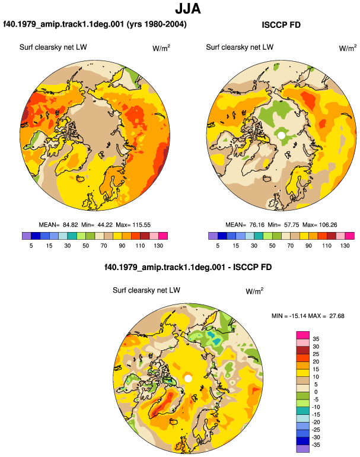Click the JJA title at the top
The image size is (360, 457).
(x=188, y=9)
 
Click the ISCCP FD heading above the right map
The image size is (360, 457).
(x=281, y=25)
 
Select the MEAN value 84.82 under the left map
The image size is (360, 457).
(x=71, y=225)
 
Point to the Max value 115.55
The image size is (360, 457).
(x=142, y=225)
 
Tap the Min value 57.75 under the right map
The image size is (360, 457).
(x=292, y=225)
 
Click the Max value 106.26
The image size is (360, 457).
(x=328, y=225)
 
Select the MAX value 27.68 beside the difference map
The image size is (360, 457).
(x=337, y=316)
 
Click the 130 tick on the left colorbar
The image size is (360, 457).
(x=158, y=245)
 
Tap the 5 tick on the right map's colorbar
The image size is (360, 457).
(x=218, y=245)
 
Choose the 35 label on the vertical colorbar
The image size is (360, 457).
(x=316, y=339)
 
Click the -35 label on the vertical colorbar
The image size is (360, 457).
(x=316, y=445)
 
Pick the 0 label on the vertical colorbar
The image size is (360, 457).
(x=316, y=392)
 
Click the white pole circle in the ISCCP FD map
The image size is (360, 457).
(x=281, y=135)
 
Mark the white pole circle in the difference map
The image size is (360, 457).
(x=188, y=378)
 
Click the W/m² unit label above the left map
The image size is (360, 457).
(x=161, y=48)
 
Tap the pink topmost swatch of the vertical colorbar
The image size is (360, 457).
(x=303, y=335)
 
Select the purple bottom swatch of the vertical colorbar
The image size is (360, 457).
(x=303, y=449)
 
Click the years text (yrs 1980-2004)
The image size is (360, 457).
(x=157, y=24)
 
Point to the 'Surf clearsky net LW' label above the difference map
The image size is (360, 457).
(x=146, y=290)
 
